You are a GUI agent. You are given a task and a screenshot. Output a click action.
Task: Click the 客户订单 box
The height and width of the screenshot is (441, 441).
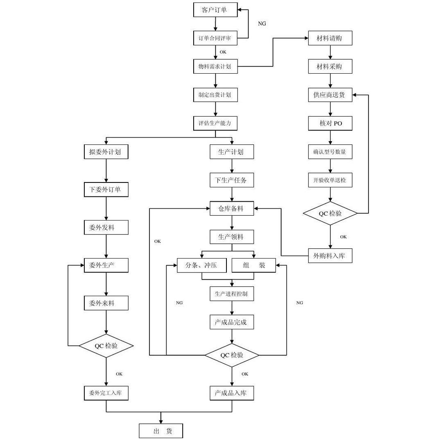pyautogui.click(x=215, y=10)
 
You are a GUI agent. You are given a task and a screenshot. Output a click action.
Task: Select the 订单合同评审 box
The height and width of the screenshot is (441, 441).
pyautogui.click(x=215, y=38)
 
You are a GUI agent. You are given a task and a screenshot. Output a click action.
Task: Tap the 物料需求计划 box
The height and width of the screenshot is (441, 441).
pyautogui.click(x=215, y=67)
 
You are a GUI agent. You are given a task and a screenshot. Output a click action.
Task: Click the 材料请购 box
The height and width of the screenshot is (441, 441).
pyautogui.click(x=330, y=38)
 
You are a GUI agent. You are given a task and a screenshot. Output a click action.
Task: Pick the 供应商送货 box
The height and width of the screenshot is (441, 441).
pyautogui.click(x=330, y=95)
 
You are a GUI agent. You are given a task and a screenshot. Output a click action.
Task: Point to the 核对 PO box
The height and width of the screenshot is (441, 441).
pyautogui.click(x=330, y=123)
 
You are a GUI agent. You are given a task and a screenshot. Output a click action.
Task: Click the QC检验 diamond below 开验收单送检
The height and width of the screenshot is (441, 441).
pyautogui.click(x=330, y=213)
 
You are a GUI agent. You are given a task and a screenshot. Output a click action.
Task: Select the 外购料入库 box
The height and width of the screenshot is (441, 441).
pyautogui.click(x=330, y=256)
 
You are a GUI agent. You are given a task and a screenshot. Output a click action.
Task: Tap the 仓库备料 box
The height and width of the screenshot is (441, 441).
pyautogui.click(x=232, y=208)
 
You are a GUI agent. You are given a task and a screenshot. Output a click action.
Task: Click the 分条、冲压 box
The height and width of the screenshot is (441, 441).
pyautogui.click(x=202, y=265)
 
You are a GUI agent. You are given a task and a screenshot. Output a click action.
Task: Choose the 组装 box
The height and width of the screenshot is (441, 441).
pyautogui.click(x=254, y=265)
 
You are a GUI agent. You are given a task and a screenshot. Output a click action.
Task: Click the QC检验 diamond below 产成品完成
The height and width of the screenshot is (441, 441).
pyautogui.click(x=232, y=355)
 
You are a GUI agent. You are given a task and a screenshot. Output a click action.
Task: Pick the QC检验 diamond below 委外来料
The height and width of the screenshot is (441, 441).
pyautogui.click(x=106, y=346)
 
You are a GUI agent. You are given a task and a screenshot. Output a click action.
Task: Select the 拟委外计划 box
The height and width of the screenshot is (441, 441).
pyautogui.click(x=106, y=152)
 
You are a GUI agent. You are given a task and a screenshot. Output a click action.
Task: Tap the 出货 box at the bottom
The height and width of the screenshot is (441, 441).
pyautogui.click(x=161, y=431)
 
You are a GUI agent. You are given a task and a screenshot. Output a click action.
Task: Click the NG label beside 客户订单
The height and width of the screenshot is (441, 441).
pyautogui.click(x=262, y=24)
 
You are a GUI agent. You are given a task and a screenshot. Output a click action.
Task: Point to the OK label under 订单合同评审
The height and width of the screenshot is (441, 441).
pyautogui.click(x=223, y=52)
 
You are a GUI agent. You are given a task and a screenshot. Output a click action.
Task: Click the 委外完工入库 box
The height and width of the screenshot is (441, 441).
pyautogui.click(x=106, y=393)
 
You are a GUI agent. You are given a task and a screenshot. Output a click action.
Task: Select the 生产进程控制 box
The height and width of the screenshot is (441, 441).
pyautogui.click(x=232, y=294)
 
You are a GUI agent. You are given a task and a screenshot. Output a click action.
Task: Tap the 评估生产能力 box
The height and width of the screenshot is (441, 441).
pyautogui.click(x=215, y=123)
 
